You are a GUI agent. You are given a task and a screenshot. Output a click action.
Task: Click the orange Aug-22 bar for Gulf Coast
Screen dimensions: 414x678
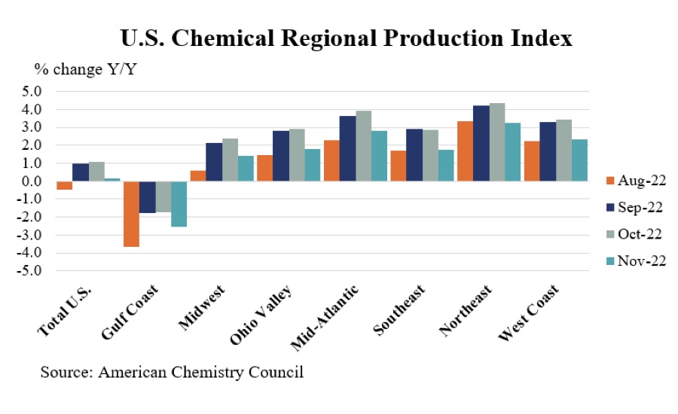[131, 214]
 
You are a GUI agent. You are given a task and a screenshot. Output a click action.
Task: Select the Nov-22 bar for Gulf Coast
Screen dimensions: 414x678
[179, 203]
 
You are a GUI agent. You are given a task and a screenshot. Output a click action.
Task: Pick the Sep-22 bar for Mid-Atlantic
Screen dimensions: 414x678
[347, 148]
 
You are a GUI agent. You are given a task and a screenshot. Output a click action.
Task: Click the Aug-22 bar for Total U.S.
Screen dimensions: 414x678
[65, 185]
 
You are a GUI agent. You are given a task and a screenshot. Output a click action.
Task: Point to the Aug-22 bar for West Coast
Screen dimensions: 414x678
[530, 161]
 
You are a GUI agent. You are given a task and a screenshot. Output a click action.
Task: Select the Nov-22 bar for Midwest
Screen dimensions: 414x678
[246, 168]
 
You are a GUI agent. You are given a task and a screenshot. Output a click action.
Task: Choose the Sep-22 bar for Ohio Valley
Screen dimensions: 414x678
[280, 156]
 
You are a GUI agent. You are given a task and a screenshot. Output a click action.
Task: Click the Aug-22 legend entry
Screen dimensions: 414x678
[636, 181]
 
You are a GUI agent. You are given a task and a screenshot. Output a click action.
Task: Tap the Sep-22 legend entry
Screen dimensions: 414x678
[636, 207]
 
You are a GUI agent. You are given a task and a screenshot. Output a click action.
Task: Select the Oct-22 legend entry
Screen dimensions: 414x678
[636, 233]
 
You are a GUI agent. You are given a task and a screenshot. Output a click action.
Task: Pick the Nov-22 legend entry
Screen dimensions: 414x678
[636, 260]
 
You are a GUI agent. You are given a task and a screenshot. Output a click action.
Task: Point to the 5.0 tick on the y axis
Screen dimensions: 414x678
[32, 92]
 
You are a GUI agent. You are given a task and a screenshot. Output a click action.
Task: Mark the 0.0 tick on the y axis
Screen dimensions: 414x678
[32, 181]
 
